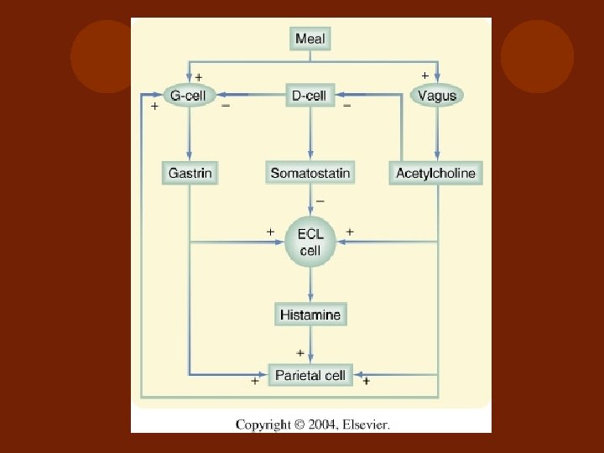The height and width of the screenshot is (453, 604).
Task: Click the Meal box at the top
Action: coord(310,38)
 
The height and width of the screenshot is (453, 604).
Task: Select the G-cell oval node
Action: coord(188,96)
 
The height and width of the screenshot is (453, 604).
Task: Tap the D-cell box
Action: coord(310,96)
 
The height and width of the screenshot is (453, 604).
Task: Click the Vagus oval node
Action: coord(436,96)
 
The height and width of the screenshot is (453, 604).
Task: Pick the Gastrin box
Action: coord(190,174)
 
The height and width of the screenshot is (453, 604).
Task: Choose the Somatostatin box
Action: coord(310,174)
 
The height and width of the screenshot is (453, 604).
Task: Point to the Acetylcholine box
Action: coord(435,174)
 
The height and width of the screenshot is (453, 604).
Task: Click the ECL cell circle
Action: coord(310,242)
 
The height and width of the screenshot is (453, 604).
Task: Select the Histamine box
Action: coord(310,315)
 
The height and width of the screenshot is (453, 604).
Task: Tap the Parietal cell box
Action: coord(310,375)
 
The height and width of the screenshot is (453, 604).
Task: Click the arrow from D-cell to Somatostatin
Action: coord(310,134)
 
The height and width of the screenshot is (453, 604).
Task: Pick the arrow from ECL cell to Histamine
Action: coord(310,285)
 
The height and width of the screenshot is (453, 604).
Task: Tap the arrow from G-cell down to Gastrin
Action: coord(190,134)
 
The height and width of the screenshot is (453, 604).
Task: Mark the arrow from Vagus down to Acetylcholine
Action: coord(436,134)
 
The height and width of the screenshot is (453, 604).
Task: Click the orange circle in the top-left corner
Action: coord(101,57)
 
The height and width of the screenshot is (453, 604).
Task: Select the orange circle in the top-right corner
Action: coord(538,57)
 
